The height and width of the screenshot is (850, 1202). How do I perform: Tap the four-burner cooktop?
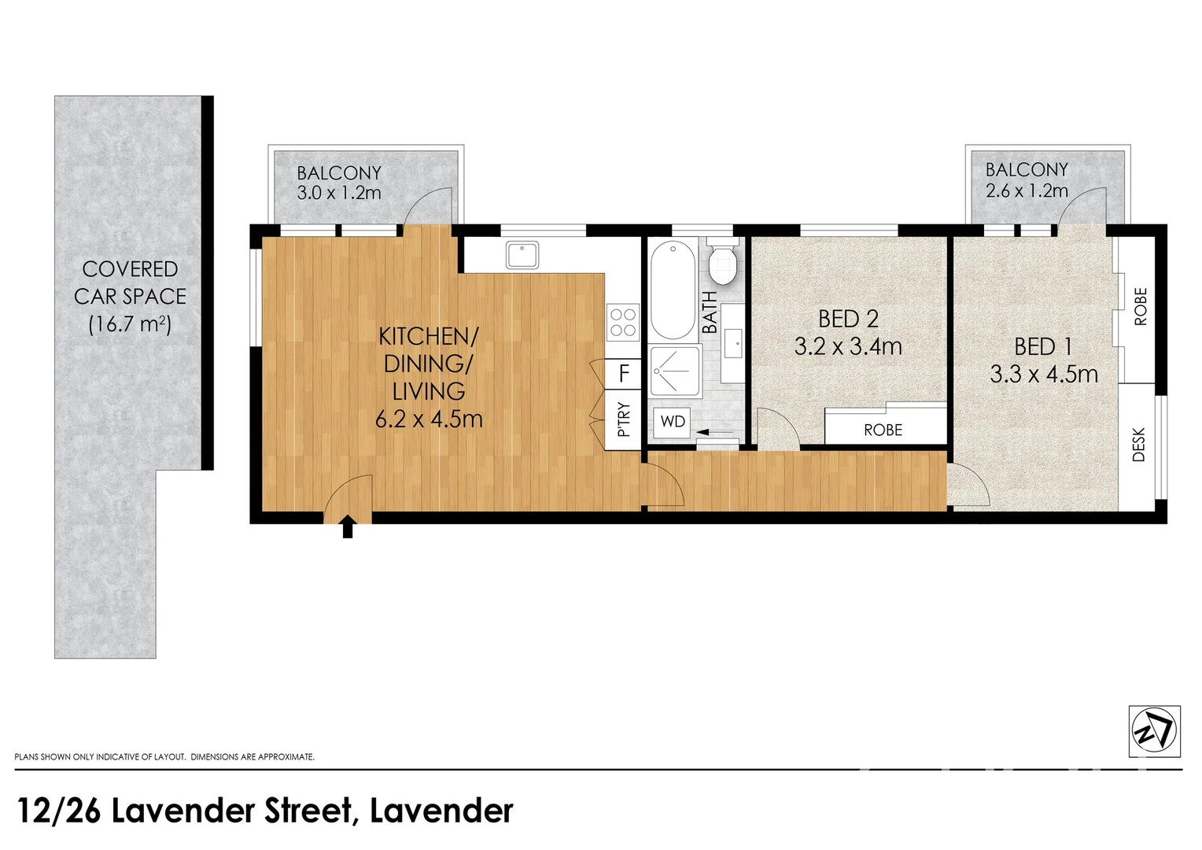[x=623, y=322]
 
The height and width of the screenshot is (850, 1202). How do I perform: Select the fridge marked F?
[x=625, y=373]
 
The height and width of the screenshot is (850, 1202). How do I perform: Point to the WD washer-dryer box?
[x=673, y=422]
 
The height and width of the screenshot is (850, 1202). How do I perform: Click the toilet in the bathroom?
[x=721, y=263]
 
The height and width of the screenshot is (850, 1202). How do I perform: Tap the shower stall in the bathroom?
[x=675, y=371]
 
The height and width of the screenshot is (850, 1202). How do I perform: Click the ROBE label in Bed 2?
[x=883, y=431]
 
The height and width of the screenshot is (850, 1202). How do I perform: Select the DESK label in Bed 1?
[x=1138, y=445]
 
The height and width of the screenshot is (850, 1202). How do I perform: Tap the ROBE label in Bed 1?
[x=1140, y=307]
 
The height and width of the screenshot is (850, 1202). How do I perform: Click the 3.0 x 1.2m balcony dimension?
[x=339, y=193]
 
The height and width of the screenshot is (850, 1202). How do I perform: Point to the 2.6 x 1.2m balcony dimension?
[x=1027, y=190]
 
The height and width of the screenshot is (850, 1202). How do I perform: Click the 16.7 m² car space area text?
[x=130, y=323]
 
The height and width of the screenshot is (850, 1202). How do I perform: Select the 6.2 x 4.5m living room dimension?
[x=429, y=419]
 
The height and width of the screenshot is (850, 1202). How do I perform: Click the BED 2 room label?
[x=848, y=319]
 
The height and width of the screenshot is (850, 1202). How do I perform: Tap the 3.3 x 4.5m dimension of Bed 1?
[x=1044, y=374]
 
